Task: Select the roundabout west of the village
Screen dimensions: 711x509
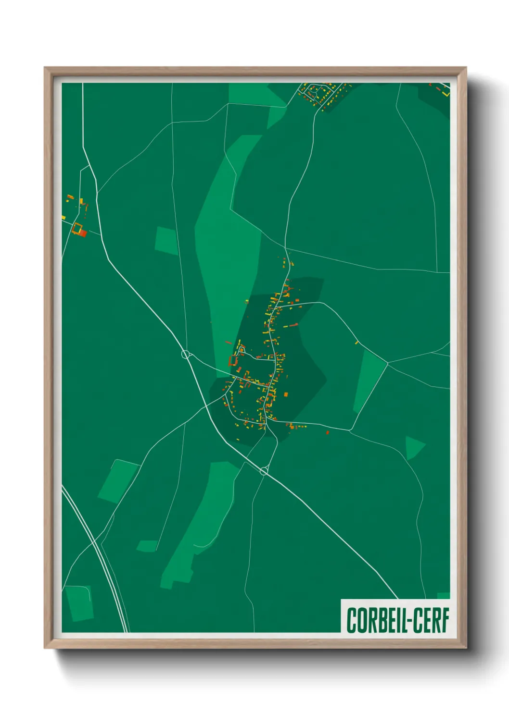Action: point(186,355)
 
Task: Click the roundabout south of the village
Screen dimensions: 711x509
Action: point(264,471)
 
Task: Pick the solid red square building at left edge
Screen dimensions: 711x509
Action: point(83,233)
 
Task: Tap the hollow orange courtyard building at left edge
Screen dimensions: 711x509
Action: point(76,227)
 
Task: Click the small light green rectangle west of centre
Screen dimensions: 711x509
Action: point(166,241)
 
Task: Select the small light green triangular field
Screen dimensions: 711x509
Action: point(413,447)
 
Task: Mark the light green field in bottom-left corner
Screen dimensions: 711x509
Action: point(79,603)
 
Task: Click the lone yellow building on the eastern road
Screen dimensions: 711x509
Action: point(356,343)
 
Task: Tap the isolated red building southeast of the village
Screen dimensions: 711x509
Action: point(328,432)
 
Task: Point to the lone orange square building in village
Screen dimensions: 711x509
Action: point(286,394)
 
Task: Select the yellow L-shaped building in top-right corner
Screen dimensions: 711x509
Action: point(447,93)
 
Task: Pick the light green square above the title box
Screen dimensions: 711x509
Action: point(443,596)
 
